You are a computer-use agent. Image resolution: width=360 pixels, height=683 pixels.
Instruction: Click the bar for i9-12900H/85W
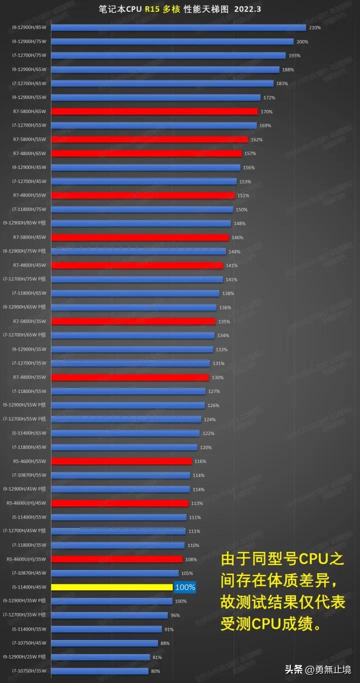[x=178, y=27]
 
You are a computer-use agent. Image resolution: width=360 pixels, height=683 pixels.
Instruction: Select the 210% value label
[x=315, y=27]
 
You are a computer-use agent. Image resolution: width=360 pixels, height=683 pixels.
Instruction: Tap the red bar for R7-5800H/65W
[x=154, y=111]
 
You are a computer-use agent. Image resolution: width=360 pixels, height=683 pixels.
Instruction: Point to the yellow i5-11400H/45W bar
[x=112, y=587]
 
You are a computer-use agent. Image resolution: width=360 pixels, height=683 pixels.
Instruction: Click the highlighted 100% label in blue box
[x=184, y=587]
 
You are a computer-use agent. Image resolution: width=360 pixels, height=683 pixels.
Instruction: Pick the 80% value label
[x=155, y=671]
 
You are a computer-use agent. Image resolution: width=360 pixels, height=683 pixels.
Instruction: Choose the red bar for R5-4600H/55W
[x=121, y=461]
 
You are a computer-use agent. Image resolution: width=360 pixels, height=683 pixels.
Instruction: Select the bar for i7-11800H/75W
[x=142, y=209]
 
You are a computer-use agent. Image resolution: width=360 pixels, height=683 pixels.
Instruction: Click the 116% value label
[x=200, y=461]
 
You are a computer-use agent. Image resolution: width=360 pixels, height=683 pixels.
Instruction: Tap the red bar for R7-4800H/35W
[x=130, y=377]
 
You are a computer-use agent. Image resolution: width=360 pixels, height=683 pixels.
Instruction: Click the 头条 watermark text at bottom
[x=294, y=670]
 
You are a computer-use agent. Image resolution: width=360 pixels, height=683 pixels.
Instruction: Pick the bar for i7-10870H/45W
[x=115, y=573]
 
